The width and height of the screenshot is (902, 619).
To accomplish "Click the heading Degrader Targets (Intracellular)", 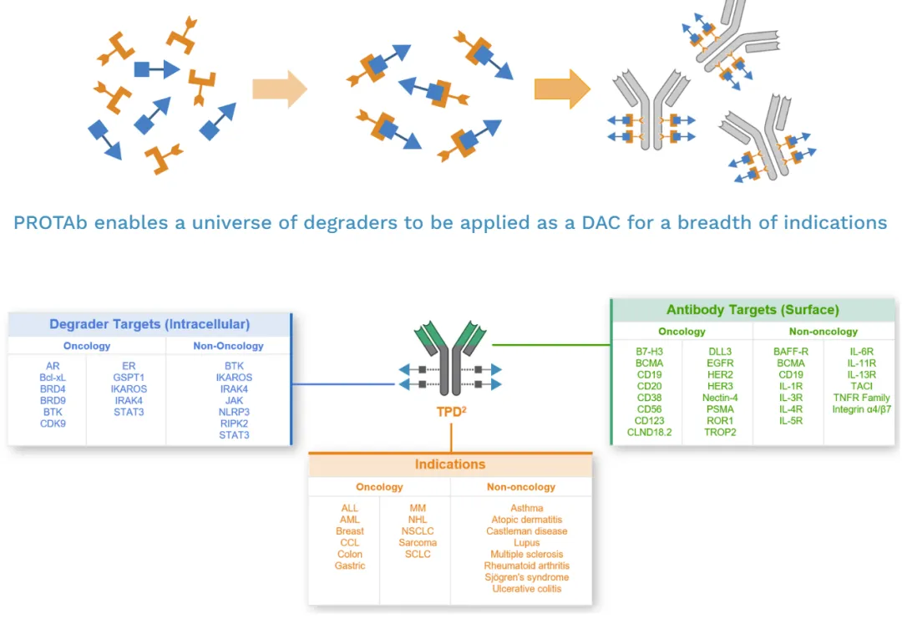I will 149,324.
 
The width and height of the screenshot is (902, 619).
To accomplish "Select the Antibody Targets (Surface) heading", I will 753,310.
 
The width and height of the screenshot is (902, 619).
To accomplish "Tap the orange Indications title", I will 450,464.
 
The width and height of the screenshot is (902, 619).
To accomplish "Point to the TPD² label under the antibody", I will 451,411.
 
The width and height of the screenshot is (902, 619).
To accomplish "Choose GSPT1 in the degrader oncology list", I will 129,378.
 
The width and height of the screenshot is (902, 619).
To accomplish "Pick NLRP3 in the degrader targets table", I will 234,412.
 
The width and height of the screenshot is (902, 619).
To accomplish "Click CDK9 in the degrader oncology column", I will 53,424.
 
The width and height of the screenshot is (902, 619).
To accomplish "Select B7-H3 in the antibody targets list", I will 649,352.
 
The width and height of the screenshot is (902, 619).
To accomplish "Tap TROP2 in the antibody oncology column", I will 719,432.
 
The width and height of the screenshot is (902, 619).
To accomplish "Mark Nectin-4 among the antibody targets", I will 719,398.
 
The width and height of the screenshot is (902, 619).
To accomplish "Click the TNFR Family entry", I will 861,398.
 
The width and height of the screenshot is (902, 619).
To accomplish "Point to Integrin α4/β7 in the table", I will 861,409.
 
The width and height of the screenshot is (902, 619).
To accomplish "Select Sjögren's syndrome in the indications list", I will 527,577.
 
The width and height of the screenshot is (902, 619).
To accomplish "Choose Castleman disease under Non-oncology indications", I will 527,531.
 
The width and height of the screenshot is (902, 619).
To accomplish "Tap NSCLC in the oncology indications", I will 418,531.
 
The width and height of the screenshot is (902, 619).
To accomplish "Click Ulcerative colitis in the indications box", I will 527,589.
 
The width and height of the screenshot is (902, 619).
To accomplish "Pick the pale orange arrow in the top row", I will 280,89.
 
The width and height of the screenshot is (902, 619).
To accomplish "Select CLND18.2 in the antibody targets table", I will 649,432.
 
